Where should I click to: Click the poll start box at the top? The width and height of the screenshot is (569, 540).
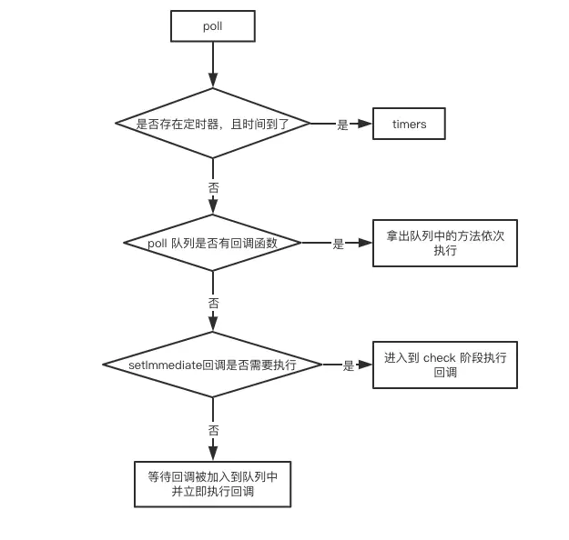tap(212, 26)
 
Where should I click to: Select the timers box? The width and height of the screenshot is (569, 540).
tap(409, 125)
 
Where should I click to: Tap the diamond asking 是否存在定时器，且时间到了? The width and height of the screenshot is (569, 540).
tap(212, 124)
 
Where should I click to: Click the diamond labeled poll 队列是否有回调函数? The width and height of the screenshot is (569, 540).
tap(212, 243)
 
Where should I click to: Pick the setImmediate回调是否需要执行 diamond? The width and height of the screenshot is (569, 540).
tap(212, 365)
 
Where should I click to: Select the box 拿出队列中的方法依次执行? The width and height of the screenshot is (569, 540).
tap(444, 243)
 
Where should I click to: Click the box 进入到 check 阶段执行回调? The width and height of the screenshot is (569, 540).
tap(444, 365)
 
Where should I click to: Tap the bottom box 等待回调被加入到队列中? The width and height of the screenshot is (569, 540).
tap(212, 484)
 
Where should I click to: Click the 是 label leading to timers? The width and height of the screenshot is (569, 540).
tap(342, 125)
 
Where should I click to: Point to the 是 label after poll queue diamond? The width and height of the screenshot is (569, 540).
tap(338, 244)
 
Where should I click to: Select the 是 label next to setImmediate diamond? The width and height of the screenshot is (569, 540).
tap(348, 365)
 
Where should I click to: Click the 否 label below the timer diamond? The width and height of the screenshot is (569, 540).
tap(213, 187)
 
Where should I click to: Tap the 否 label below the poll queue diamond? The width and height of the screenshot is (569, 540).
tap(213, 303)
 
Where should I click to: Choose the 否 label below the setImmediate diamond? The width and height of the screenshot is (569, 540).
tap(213, 430)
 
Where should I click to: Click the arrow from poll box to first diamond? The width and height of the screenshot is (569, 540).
tap(213, 64)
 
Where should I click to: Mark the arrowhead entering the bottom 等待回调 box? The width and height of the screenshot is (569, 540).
tap(213, 454)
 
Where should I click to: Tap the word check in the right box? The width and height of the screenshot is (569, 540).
tap(439, 357)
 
